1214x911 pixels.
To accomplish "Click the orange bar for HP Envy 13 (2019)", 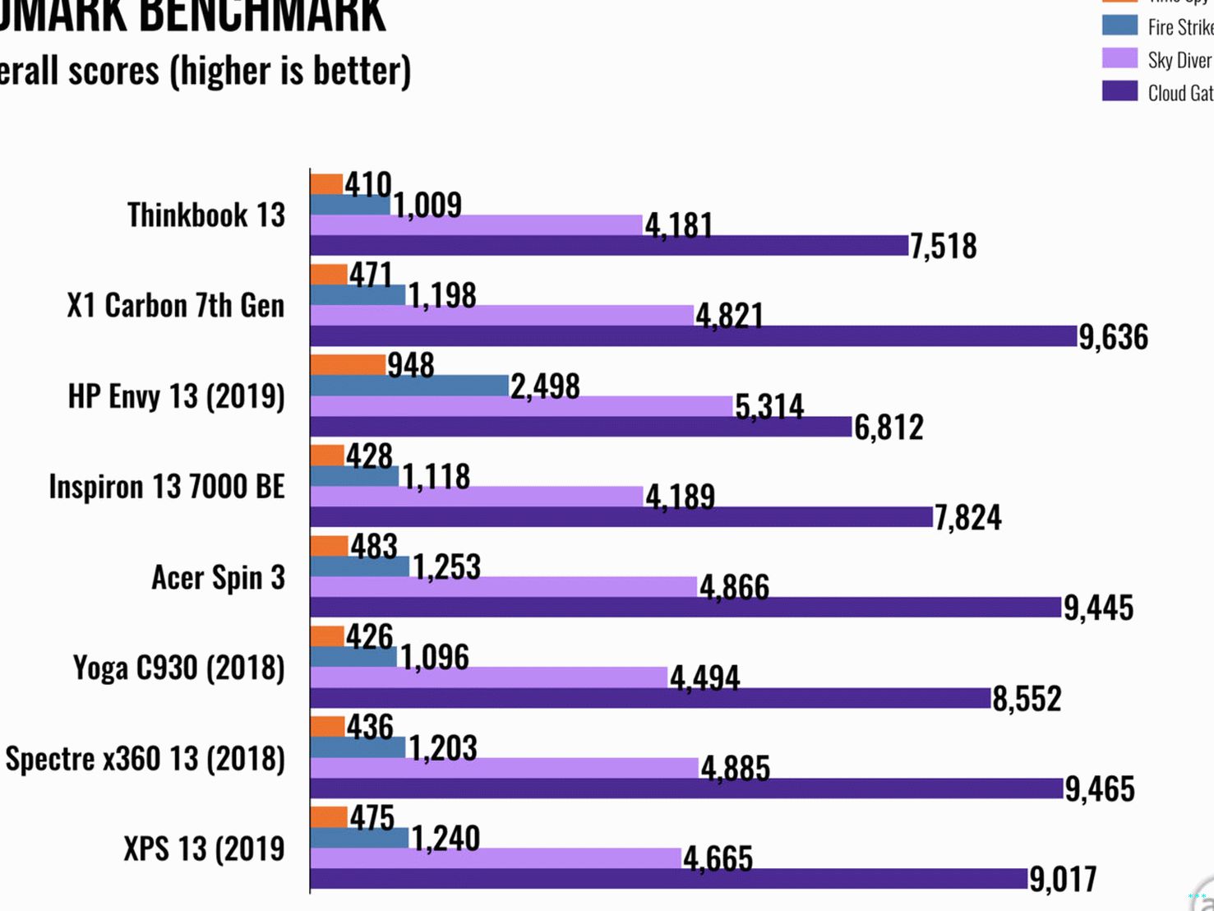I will click(x=349, y=364).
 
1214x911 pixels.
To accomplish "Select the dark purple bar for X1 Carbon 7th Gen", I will click(x=694, y=335).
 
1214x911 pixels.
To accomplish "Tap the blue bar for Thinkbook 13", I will click(x=350, y=205).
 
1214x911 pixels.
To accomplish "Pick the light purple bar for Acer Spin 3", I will click(x=504, y=586).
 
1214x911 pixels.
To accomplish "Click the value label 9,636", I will click(x=1113, y=336).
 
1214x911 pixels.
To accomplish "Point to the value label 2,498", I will click(x=545, y=386).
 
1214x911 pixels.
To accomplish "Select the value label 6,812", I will click(x=889, y=427).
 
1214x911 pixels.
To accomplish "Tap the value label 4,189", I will click(x=680, y=497).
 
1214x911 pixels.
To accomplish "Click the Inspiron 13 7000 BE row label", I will click(x=167, y=487).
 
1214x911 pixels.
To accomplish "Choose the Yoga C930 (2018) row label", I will click(x=178, y=668).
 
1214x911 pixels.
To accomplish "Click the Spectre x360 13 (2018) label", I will click(x=145, y=758).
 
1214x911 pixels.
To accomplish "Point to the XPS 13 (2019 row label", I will click(x=204, y=849).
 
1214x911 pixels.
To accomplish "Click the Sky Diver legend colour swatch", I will click(x=1119, y=58).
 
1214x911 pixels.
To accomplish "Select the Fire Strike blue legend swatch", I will click(x=1119, y=25).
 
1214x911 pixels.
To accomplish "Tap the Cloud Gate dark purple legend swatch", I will click(x=1119, y=91).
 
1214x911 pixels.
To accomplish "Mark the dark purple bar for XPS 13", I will click(x=669, y=878).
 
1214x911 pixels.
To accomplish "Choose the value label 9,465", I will click(x=1100, y=788).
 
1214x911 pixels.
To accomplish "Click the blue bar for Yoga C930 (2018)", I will click(x=354, y=657).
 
